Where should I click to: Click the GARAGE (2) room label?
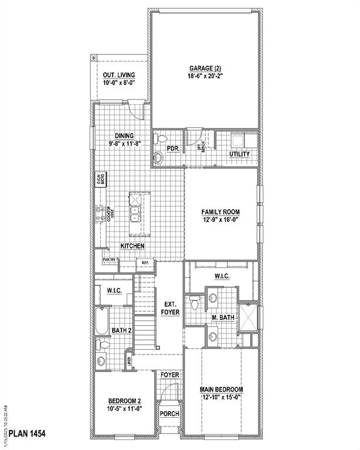coord(204,67)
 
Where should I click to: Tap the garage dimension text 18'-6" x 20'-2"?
coord(204,76)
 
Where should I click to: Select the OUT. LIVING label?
coord(119,75)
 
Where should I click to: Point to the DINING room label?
coord(124,136)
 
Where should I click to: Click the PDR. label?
coord(173,149)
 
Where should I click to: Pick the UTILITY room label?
coord(239,154)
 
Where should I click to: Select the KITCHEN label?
coord(133,246)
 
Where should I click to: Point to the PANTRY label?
coord(108,259)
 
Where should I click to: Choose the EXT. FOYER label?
coord(170,308)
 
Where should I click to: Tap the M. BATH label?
coord(223,318)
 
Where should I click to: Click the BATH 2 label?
coord(121,330)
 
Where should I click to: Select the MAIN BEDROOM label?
coord(221,390)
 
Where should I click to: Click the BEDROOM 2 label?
coord(124,401)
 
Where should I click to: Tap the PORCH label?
coord(170,414)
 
